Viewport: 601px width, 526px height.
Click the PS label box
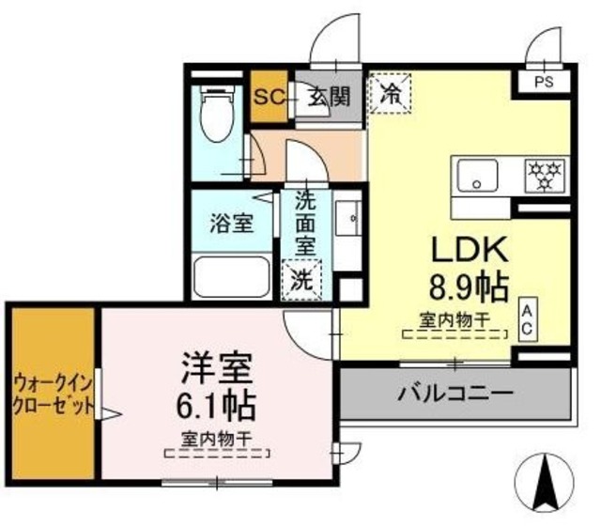[x=543, y=82]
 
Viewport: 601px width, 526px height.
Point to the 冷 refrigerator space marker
[x=388, y=94]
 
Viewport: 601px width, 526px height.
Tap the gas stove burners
[x=543, y=173]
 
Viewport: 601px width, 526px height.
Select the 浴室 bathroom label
[x=230, y=224]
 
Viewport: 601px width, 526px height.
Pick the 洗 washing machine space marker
[x=301, y=279]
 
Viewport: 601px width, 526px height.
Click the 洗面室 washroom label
[x=305, y=225]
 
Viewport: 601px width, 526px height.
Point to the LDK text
[x=469, y=250]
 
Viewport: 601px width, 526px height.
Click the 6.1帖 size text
[x=215, y=407]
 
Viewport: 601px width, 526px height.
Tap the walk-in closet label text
[x=53, y=394]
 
